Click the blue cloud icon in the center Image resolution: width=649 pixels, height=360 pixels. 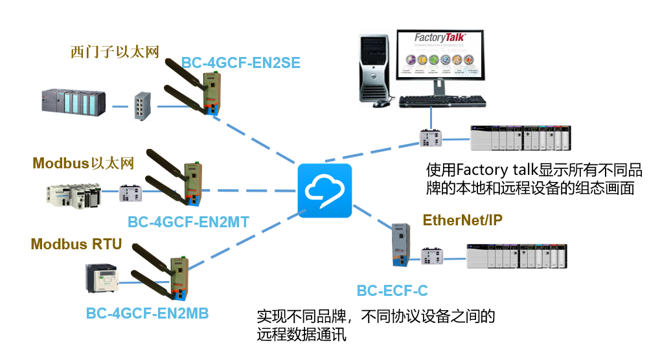[x=324, y=190]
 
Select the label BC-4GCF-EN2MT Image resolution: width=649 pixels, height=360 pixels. [x=188, y=222]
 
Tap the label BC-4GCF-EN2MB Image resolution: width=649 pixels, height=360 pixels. [x=147, y=313]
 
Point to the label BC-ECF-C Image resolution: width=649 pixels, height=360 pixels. [x=392, y=291]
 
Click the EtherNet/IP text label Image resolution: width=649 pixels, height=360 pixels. [x=462, y=220]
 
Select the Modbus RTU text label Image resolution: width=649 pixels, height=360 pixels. [x=76, y=244]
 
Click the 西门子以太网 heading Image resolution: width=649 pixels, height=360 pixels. [x=115, y=52]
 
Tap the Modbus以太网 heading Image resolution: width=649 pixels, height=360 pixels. [x=83, y=163]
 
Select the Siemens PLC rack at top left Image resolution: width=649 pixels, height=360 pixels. [x=72, y=104]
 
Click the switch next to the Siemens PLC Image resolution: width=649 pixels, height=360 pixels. [x=141, y=106]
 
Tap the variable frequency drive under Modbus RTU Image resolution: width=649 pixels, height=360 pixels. [x=102, y=278]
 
